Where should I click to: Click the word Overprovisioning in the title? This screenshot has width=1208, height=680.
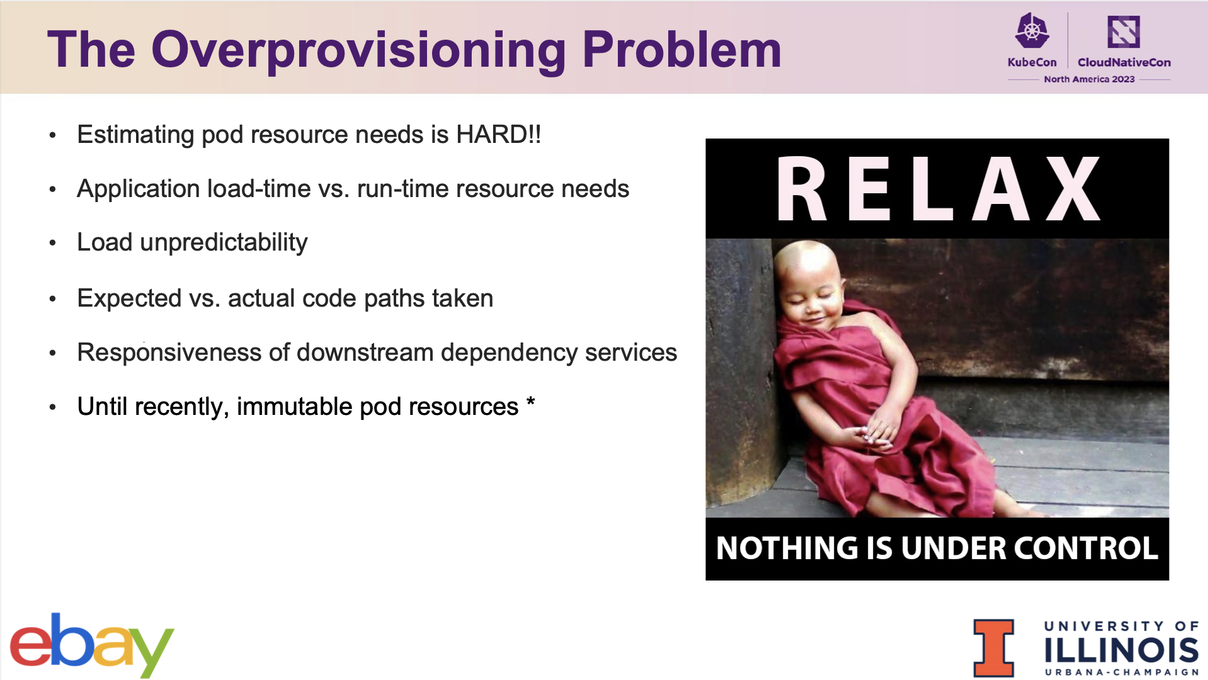359,51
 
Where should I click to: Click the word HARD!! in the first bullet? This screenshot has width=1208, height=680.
499,134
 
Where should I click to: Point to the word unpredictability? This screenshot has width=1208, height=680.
224,243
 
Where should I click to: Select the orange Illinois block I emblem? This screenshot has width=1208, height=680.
994,648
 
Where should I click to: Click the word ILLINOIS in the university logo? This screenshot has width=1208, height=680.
1121,650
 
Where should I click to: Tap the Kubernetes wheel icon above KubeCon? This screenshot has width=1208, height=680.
1032,31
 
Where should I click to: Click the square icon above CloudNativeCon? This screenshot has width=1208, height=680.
1124,31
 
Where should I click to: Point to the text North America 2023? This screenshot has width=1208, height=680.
1089,79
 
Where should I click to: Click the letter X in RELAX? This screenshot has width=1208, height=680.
1073,189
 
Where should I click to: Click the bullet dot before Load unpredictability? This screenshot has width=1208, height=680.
53,243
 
